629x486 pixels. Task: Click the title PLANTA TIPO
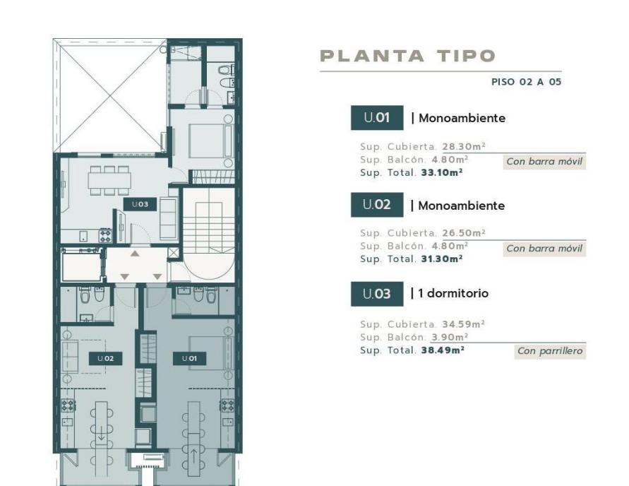point(407,56)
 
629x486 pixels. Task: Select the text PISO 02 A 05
point(527,82)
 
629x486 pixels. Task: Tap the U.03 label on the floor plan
point(140,204)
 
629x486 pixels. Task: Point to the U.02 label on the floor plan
point(105,358)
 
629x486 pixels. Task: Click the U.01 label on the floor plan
point(189,358)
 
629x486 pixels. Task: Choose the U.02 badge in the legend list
point(377,205)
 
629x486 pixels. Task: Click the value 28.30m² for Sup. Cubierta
point(464,146)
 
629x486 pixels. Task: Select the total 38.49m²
point(443,350)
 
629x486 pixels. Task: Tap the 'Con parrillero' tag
point(550,351)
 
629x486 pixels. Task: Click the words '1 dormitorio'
point(453,293)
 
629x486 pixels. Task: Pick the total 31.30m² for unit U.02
point(442,259)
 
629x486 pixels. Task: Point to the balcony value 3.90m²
point(450,337)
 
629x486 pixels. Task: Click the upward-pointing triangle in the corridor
point(135,254)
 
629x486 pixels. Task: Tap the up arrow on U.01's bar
point(193,456)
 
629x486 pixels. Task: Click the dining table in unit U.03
point(110,181)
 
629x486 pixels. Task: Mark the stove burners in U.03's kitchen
point(105,235)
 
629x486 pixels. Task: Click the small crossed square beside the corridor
point(174,253)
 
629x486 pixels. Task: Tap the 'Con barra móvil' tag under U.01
point(544,161)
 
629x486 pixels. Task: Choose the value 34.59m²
point(463,324)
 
